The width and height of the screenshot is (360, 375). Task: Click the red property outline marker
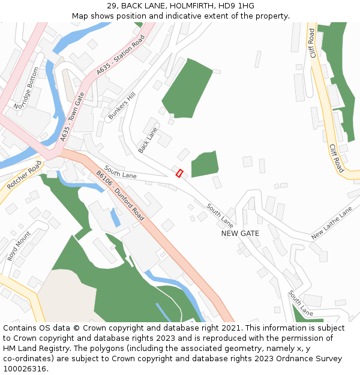179,173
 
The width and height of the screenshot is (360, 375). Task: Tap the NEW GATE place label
240,233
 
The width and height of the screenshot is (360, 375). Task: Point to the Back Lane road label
148,140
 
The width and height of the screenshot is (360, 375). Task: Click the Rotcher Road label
25,175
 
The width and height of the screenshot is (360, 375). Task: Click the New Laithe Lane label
332,223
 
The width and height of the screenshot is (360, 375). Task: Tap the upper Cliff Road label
311,44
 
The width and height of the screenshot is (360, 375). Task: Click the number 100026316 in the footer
25,369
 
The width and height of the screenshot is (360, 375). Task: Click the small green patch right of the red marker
205,163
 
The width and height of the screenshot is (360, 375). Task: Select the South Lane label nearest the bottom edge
300,304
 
